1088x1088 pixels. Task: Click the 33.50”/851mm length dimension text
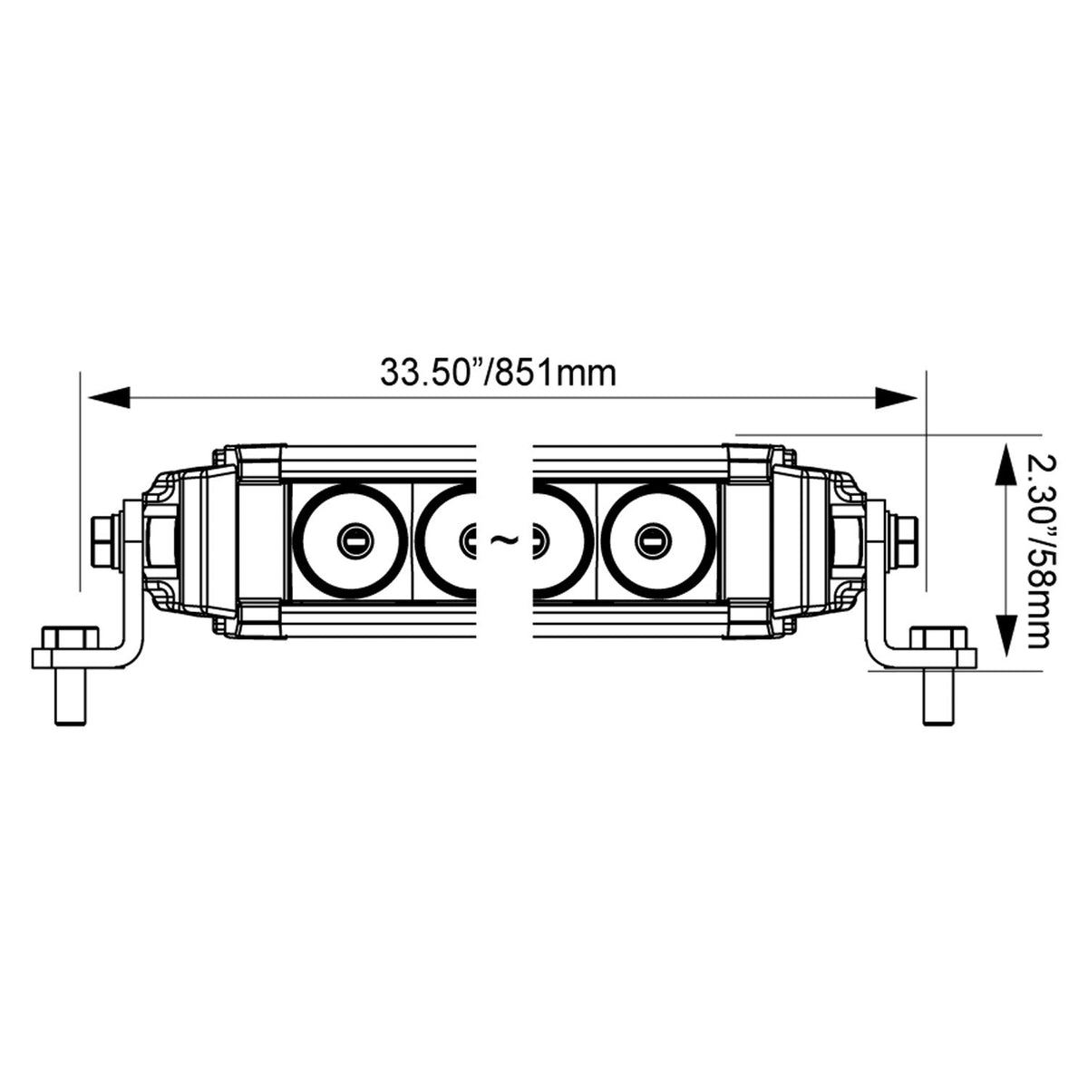coord(498,373)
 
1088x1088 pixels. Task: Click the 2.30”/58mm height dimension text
coord(1038,552)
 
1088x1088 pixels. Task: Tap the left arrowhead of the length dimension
coord(110,397)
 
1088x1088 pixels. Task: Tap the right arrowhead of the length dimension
coord(896,397)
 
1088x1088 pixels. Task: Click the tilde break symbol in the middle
coord(503,540)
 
